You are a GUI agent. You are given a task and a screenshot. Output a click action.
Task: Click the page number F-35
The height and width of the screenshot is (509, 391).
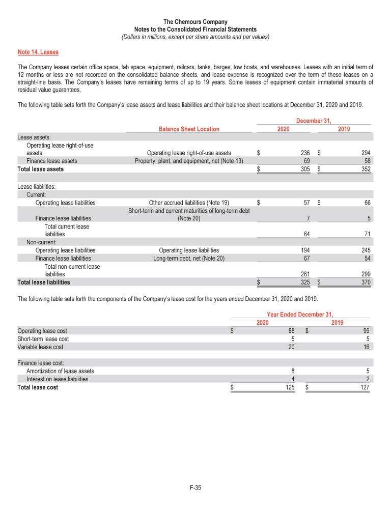point(195,488)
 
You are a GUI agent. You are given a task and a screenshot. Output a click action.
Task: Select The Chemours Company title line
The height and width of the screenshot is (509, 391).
point(195,22)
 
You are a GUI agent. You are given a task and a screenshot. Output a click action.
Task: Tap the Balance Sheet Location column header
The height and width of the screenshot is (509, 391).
point(189,129)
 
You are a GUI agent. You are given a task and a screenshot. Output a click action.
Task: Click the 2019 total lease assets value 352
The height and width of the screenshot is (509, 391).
point(365,169)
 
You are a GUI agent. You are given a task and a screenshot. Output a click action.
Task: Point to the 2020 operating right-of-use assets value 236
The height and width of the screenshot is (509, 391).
point(304,153)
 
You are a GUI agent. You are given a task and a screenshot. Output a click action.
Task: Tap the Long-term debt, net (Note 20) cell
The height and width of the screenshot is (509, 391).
point(189,258)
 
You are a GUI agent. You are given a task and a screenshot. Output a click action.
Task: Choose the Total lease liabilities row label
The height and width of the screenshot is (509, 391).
point(44,282)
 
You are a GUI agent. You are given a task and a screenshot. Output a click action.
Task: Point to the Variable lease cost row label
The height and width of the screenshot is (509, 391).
point(41,347)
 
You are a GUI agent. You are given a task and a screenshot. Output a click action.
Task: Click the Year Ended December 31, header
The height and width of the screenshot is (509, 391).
point(303,315)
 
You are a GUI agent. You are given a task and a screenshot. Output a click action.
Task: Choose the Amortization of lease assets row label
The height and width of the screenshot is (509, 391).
point(60,371)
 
